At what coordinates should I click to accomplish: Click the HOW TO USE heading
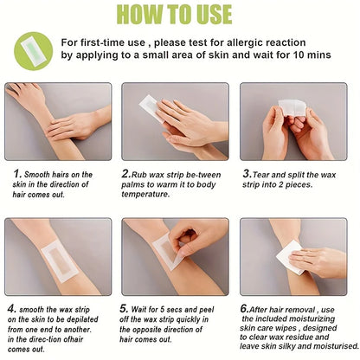point(180,14)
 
